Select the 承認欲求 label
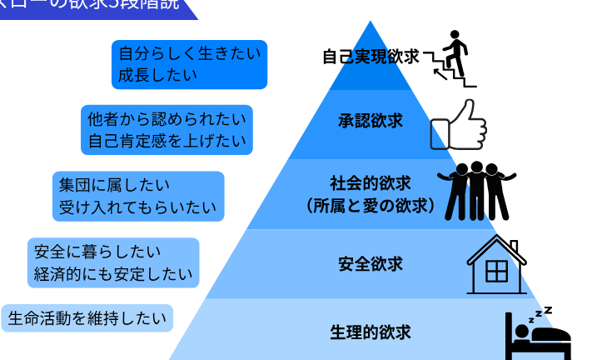click(x=371, y=121)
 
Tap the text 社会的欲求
click(x=371, y=182)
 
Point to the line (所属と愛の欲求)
click(x=371, y=203)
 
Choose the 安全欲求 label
click(x=371, y=264)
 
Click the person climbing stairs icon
click(x=450, y=58)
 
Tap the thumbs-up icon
click(x=457, y=125)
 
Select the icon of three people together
click(x=477, y=190)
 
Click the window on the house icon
click(x=497, y=272)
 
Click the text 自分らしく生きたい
click(x=190, y=54)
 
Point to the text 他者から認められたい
click(x=166, y=118)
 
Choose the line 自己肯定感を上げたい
click(x=166, y=139)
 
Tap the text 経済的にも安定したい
click(x=114, y=273)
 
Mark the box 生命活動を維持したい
click(x=87, y=317)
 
